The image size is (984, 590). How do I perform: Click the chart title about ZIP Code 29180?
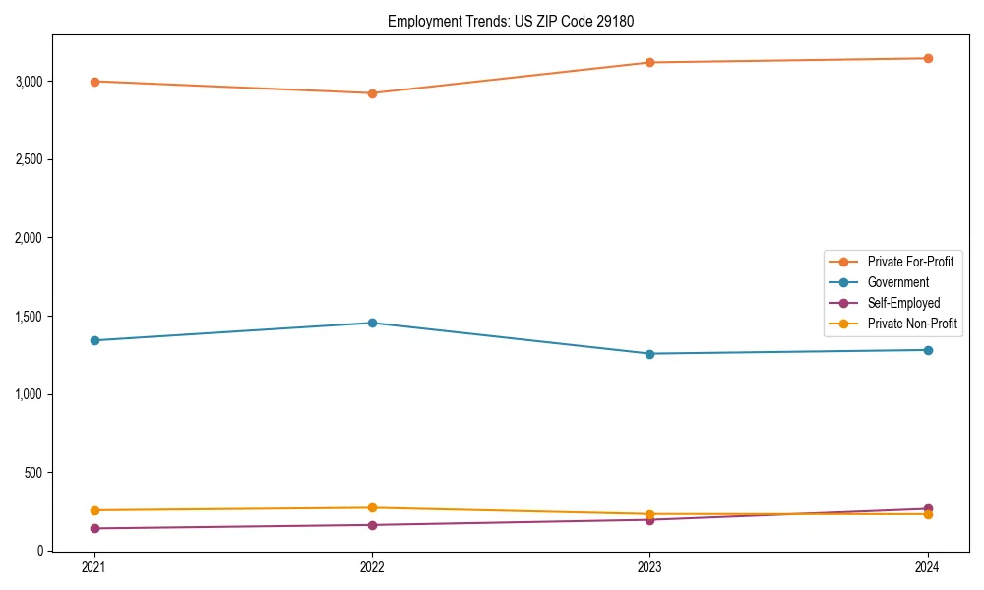(x=518, y=21)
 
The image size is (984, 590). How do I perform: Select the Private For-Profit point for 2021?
(x=94, y=82)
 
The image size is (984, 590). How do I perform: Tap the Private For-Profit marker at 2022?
(x=372, y=93)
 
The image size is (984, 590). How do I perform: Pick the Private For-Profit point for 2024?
(x=928, y=58)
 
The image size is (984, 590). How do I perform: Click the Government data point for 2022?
(x=372, y=323)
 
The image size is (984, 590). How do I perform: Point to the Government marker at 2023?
(x=649, y=354)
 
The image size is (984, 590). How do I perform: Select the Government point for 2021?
(x=94, y=340)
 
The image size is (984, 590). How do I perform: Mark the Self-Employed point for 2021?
(x=94, y=528)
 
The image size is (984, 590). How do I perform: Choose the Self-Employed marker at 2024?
(x=928, y=509)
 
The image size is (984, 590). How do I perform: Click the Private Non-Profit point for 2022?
(x=372, y=508)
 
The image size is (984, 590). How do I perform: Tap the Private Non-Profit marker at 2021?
(x=94, y=510)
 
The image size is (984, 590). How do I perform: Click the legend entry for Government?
(x=897, y=282)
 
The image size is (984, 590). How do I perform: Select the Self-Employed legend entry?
(x=903, y=303)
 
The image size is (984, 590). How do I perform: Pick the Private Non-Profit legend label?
(x=912, y=324)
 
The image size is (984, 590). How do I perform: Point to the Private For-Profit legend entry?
(x=909, y=262)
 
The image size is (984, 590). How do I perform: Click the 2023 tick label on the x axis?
(x=649, y=567)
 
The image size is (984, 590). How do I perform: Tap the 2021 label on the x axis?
(x=94, y=567)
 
